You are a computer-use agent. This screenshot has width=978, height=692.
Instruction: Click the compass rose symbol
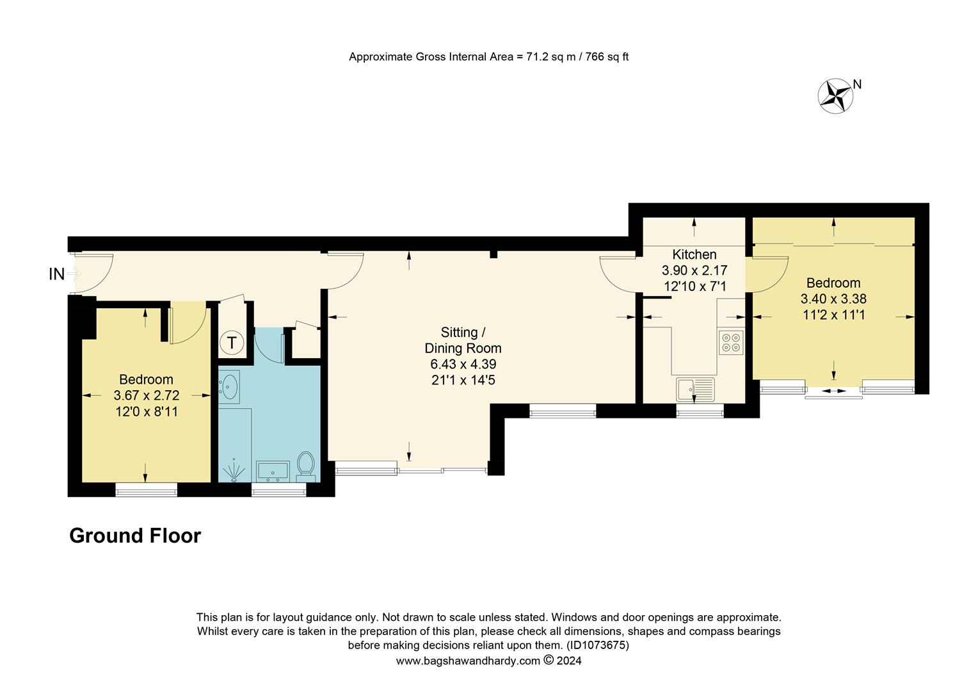point(836,96)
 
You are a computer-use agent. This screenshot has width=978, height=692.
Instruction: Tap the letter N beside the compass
point(858,84)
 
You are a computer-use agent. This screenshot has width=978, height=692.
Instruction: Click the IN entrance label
point(57,274)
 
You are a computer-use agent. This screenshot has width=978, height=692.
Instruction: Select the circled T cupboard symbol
point(231,343)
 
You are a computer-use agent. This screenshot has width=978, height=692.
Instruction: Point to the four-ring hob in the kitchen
point(731,342)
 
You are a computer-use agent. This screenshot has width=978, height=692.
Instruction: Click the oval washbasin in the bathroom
point(228,386)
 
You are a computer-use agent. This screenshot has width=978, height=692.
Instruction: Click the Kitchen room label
point(694,254)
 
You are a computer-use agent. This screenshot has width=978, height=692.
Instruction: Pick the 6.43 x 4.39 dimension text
point(463,364)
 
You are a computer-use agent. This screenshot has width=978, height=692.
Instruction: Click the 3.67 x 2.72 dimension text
point(146,395)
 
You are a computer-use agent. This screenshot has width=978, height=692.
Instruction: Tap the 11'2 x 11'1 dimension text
point(833,315)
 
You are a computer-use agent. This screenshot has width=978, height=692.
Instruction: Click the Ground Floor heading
point(135,536)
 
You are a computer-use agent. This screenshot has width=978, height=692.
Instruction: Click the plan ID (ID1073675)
point(597,645)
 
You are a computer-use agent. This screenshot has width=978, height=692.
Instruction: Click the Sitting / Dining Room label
point(463,340)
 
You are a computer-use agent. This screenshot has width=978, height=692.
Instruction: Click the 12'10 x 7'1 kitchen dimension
point(694,286)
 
